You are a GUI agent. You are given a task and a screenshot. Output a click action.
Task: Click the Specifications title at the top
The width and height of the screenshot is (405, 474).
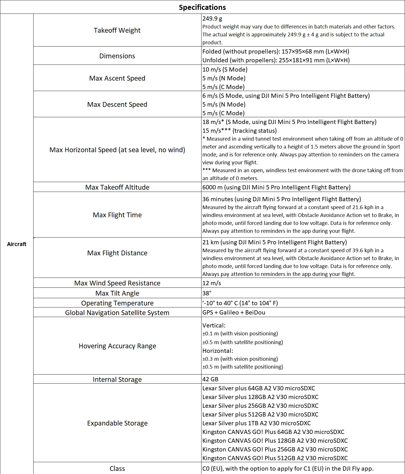click(202, 7)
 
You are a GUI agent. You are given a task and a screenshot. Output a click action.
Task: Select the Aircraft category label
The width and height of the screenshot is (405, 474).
click(17, 244)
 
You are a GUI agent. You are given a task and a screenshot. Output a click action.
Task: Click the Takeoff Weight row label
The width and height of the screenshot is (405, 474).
click(117, 30)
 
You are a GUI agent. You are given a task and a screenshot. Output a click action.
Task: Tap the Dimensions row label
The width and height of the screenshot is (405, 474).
click(117, 56)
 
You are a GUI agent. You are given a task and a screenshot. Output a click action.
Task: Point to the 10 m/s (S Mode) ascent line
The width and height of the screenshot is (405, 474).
click(225, 70)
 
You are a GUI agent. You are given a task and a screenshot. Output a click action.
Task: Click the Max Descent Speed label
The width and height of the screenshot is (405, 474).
click(117, 105)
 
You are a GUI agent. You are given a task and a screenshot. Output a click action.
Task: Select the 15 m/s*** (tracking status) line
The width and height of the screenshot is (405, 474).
click(239, 131)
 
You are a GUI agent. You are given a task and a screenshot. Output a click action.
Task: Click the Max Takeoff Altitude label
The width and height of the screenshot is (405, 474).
click(117, 187)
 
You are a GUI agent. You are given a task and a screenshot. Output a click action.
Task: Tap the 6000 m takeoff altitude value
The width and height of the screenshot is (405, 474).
click(276, 187)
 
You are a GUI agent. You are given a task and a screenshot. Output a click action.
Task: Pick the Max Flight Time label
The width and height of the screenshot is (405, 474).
click(117, 215)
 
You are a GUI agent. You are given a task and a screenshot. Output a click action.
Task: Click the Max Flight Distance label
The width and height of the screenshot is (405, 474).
click(117, 253)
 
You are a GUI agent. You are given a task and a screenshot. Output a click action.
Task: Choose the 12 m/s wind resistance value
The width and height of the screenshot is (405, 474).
click(212, 283)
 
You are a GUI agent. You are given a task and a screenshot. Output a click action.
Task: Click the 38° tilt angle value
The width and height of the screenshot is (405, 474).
click(207, 293)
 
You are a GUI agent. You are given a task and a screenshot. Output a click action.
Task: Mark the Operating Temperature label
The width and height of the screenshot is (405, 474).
click(117, 303)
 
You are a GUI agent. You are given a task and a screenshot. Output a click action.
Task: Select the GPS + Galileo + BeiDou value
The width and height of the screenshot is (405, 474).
click(234, 313)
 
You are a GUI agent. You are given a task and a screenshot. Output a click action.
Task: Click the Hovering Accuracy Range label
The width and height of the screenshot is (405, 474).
click(117, 346)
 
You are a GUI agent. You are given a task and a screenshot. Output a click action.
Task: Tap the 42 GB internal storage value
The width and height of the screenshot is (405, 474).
click(210, 379)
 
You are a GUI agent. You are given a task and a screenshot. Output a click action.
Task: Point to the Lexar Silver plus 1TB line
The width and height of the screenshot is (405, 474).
click(256, 423)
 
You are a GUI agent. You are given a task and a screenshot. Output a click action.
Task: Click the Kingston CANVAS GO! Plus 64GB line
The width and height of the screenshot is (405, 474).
click(273, 432)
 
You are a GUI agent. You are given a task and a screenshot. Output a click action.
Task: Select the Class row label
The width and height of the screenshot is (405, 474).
click(117, 469)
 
